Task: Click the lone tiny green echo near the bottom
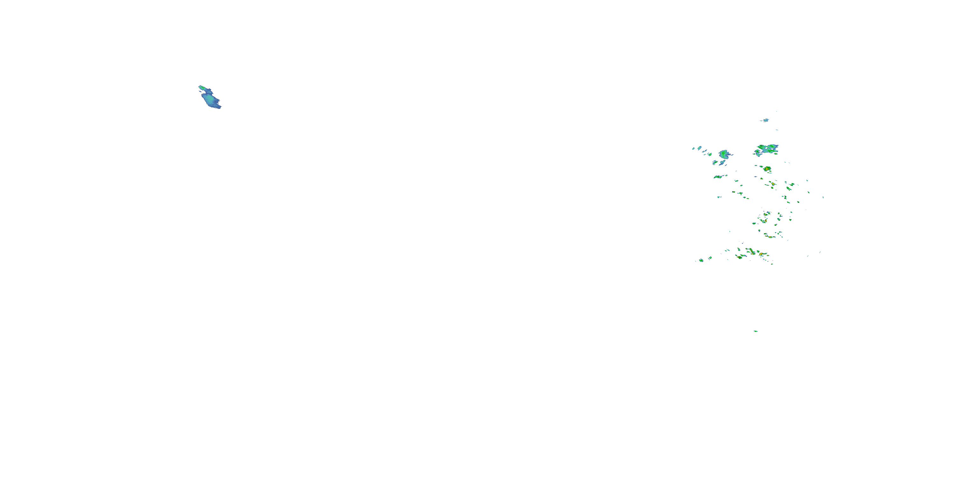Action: (x=756, y=331)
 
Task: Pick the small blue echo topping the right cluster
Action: (x=765, y=120)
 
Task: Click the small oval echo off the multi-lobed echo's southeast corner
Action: (x=776, y=153)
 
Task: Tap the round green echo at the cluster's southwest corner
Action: (x=701, y=260)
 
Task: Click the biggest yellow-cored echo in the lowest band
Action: (x=761, y=254)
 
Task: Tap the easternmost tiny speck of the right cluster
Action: (x=823, y=197)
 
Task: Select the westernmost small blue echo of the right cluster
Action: (x=693, y=149)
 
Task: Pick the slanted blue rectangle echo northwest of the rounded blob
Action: (x=700, y=148)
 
